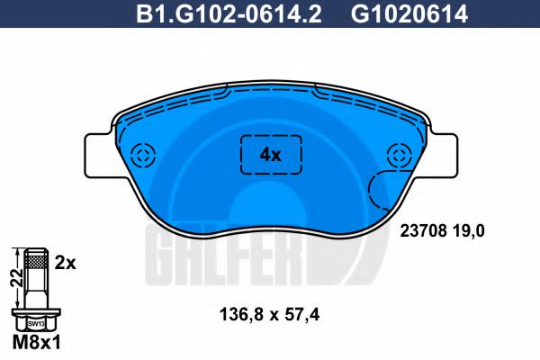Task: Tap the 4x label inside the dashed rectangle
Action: [x=270, y=154]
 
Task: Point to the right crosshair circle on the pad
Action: [x=396, y=154]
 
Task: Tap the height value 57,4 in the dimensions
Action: [x=303, y=316]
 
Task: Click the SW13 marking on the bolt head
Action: [x=36, y=321]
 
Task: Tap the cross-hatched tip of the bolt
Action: [x=36, y=261]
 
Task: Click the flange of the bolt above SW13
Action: [x=36, y=310]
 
